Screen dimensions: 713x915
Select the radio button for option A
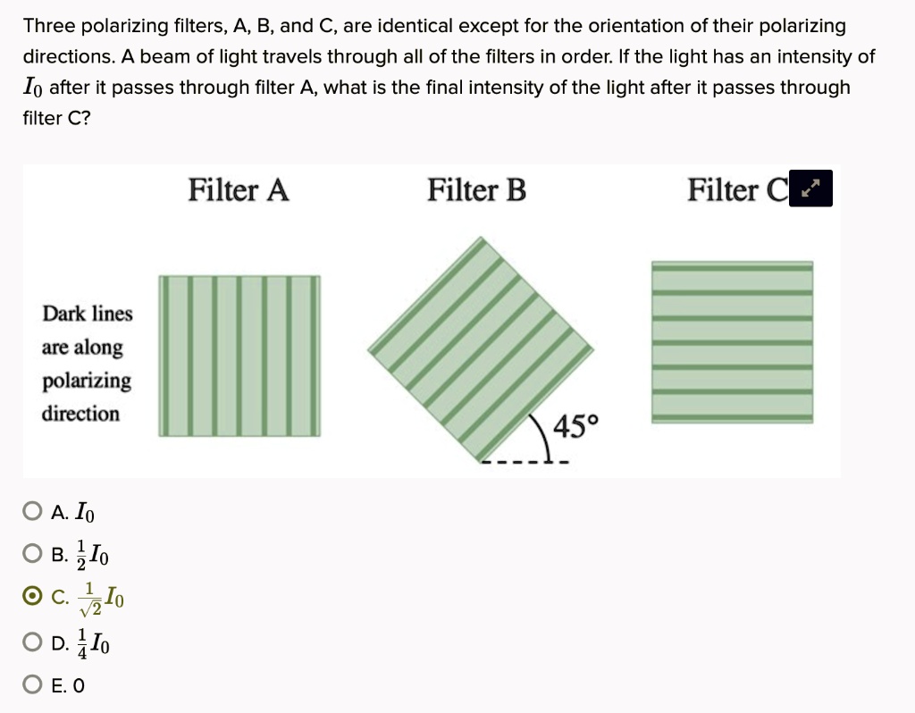(32, 512)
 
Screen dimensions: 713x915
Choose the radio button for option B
(32, 555)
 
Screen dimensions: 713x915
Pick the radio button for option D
(32, 642)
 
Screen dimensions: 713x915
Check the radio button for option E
(32, 685)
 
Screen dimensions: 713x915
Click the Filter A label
(239, 190)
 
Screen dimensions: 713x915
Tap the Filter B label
(476, 190)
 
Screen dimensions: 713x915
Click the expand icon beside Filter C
(811, 189)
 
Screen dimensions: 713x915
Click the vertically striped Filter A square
(239, 356)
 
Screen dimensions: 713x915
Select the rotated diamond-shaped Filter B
(480, 348)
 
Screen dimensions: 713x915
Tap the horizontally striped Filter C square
(732, 341)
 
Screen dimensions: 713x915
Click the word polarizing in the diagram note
(86, 381)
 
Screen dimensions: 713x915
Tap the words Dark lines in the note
(88, 314)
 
